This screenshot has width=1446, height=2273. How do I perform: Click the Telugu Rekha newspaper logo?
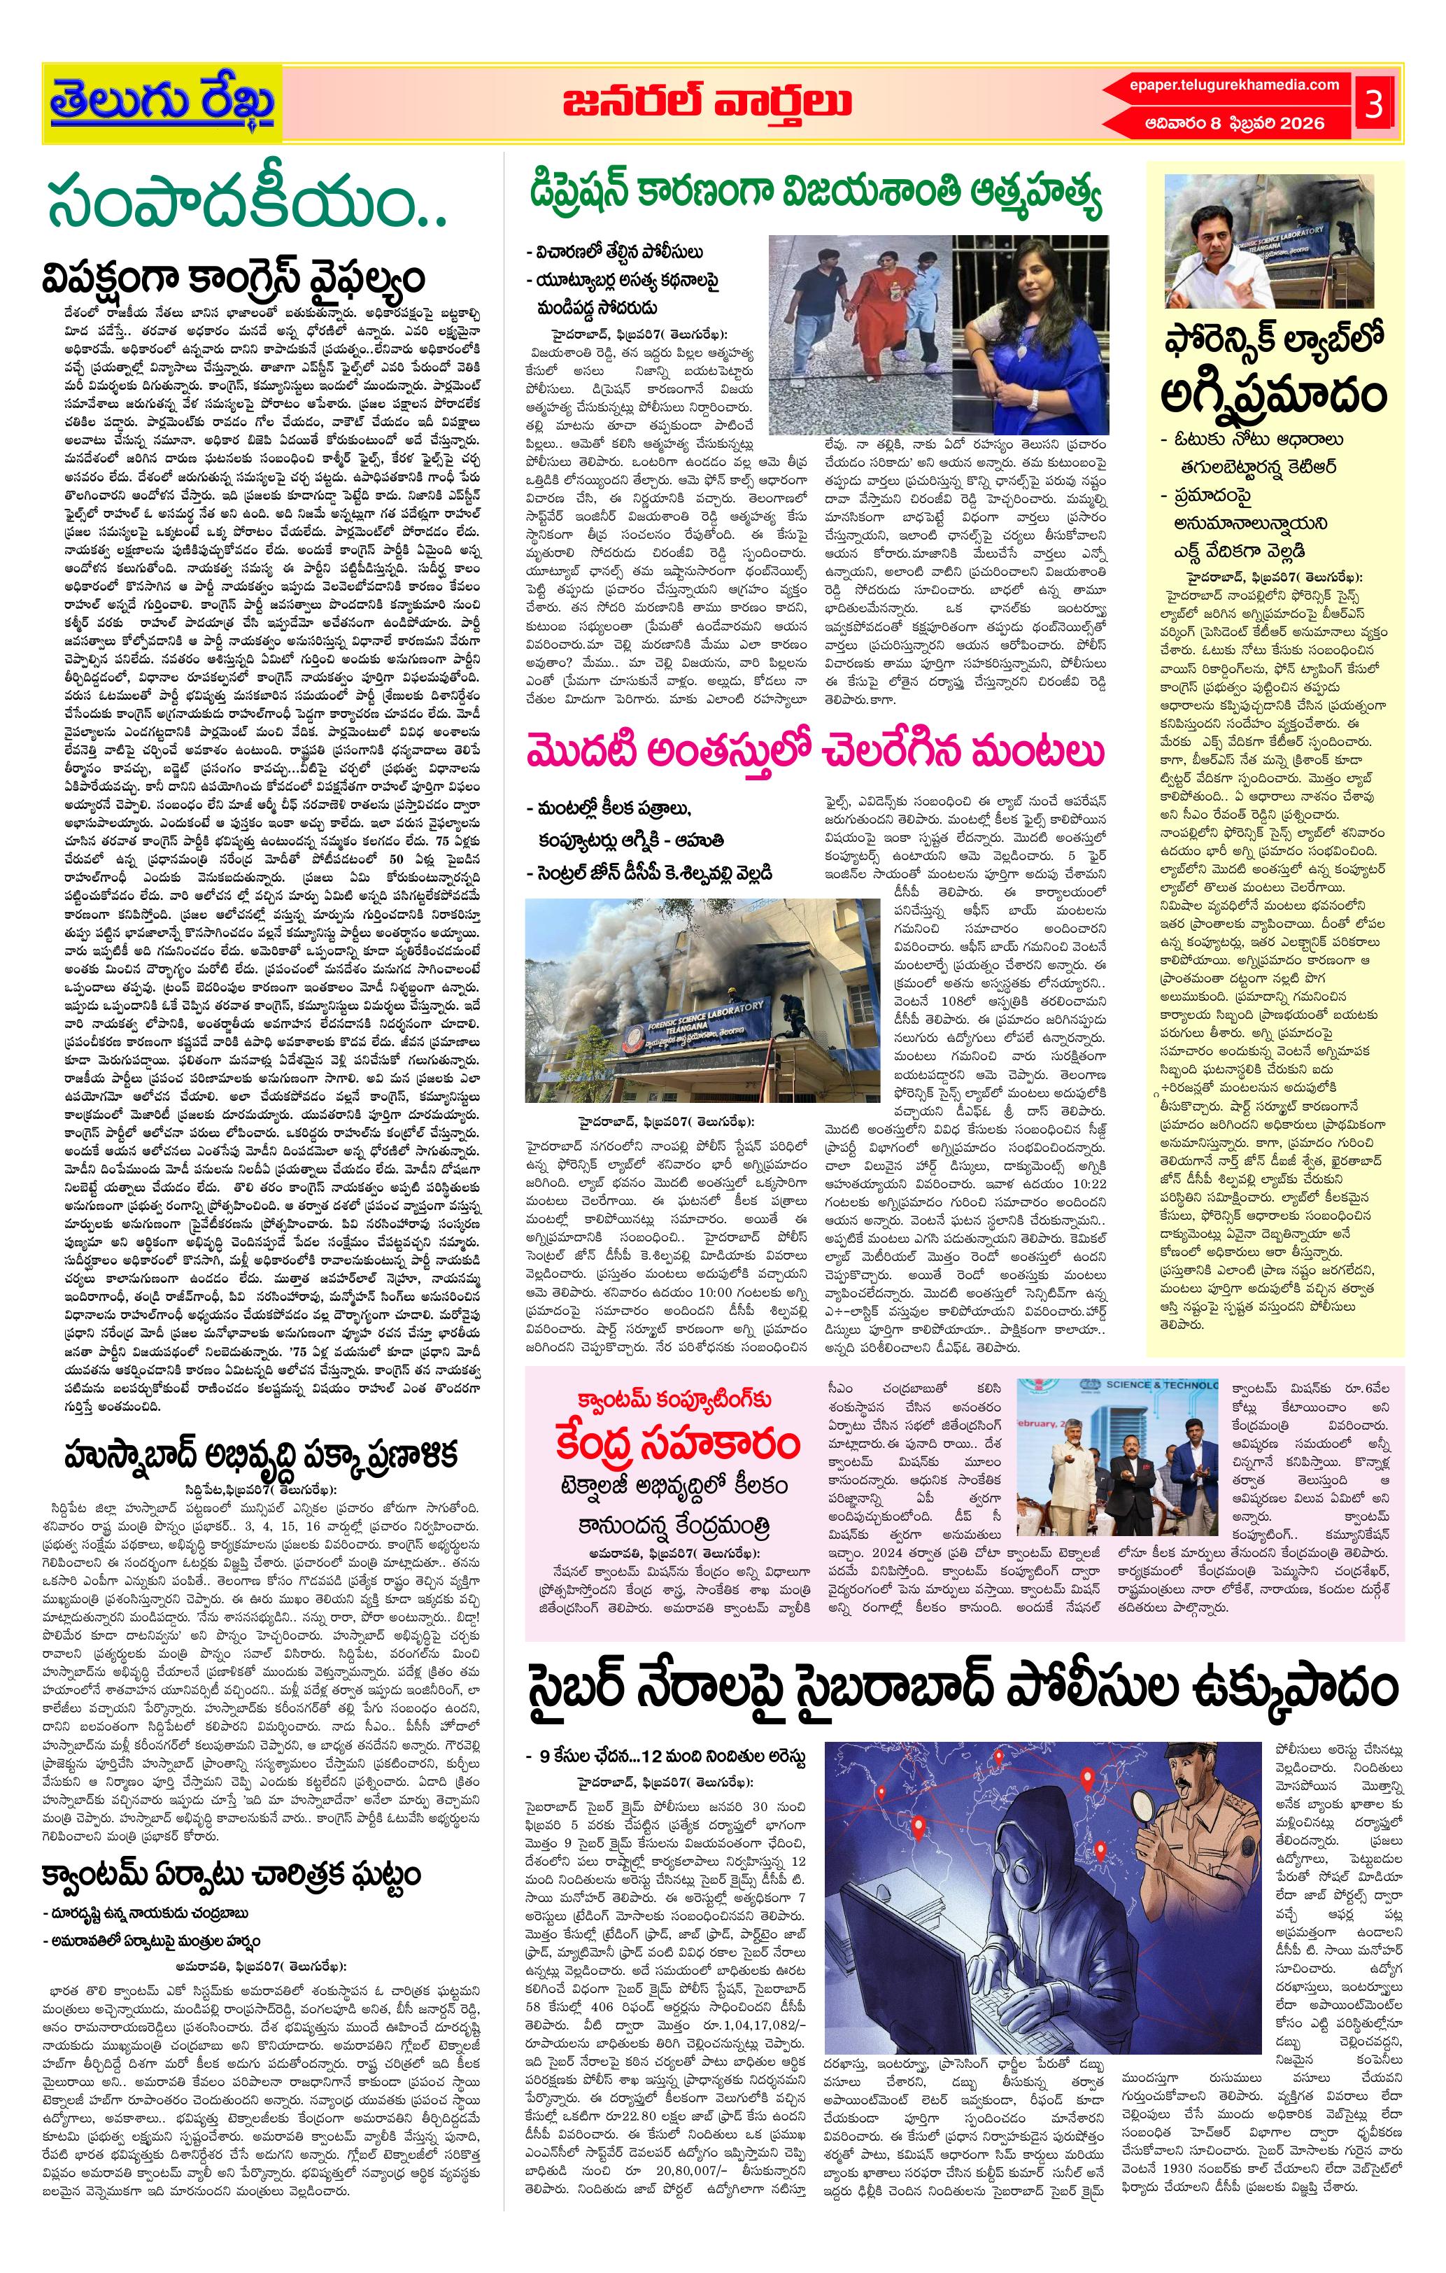(162, 103)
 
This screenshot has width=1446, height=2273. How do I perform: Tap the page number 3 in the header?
(1373, 103)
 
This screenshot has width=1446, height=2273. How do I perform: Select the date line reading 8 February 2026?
(1233, 122)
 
